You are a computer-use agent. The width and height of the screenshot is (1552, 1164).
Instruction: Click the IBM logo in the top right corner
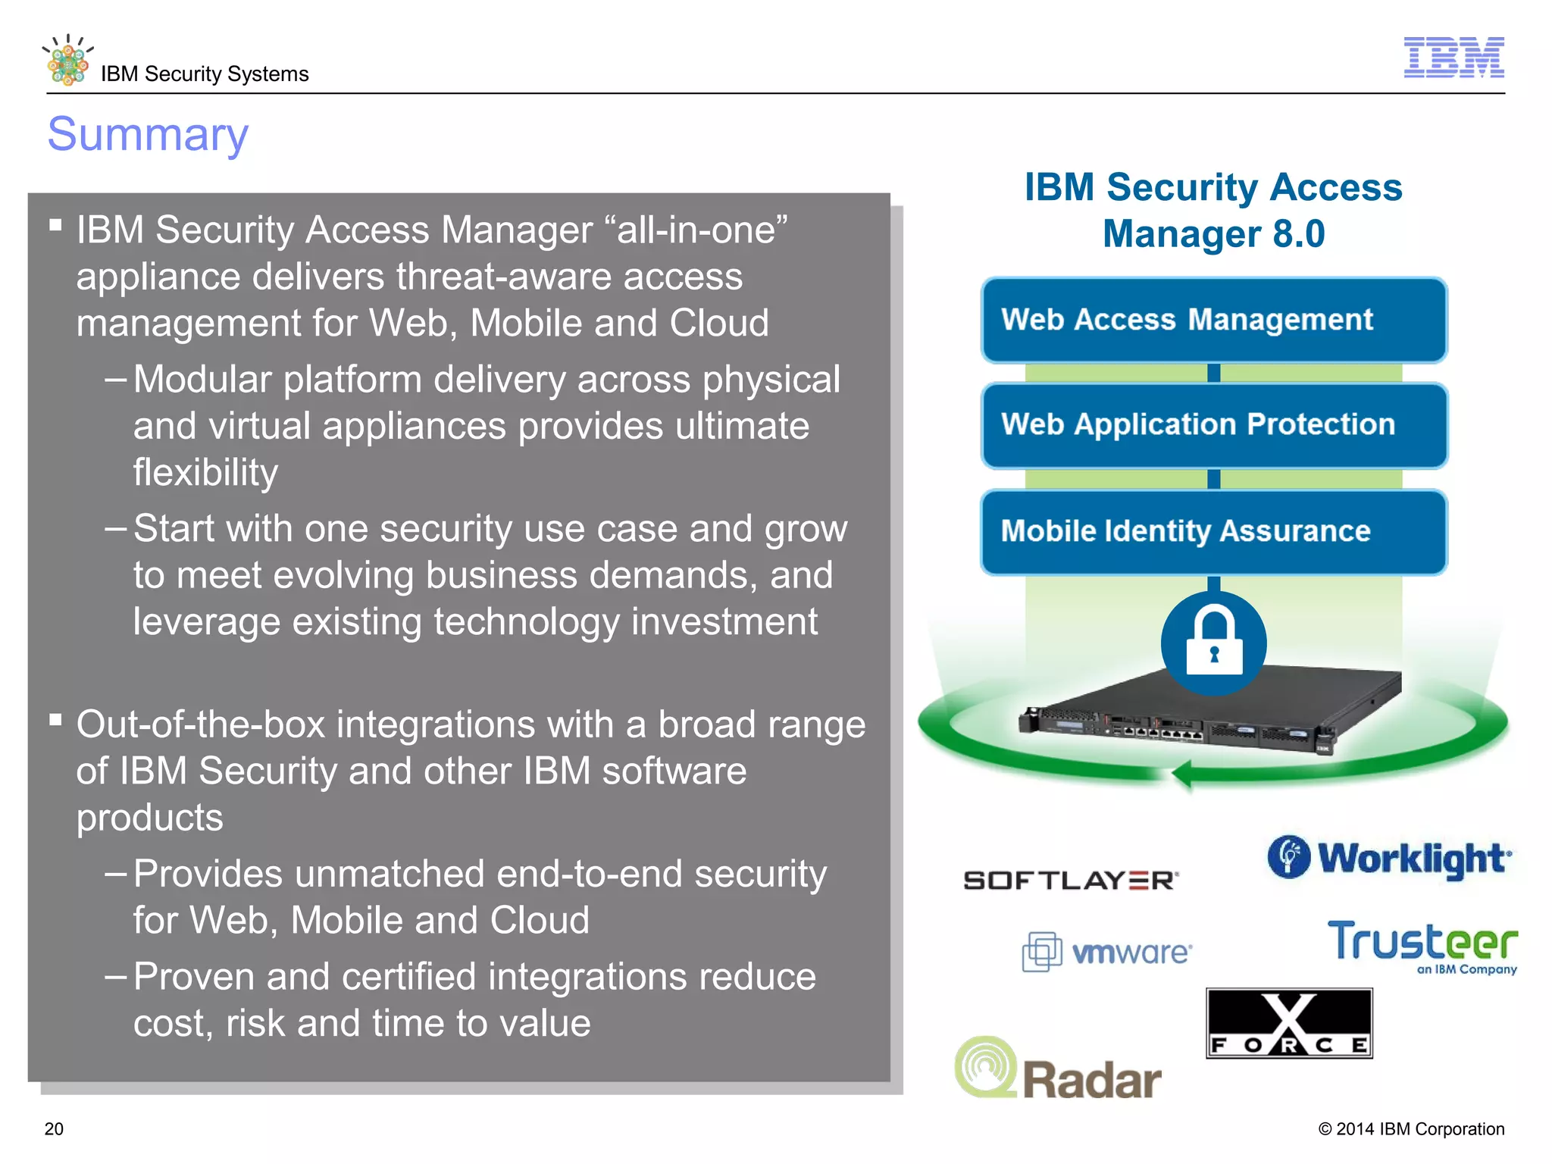click(x=1453, y=57)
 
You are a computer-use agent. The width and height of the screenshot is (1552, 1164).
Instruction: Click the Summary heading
click(x=148, y=134)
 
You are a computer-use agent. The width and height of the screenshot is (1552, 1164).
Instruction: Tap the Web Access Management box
click(x=1213, y=320)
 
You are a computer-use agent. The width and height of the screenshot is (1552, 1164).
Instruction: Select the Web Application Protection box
click(x=1213, y=425)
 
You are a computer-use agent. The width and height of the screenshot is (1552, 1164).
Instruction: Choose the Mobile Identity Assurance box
click(x=1213, y=531)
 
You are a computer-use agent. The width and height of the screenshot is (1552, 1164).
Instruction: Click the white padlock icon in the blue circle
click(x=1213, y=643)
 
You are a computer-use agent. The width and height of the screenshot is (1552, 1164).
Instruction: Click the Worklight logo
click(x=1389, y=859)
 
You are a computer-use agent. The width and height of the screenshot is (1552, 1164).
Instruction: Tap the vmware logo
click(x=1106, y=952)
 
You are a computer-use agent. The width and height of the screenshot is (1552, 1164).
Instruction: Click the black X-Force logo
click(x=1289, y=1023)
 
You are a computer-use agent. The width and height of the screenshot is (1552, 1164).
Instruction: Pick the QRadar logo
click(x=1058, y=1070)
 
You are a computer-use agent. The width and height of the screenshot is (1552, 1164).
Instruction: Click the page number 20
click(x=54, y=1128)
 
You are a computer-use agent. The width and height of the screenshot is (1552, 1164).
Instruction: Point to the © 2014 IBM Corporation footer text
click(x=1411, y=1128)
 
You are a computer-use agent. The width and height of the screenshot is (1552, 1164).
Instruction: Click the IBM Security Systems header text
click(x=205, y=74)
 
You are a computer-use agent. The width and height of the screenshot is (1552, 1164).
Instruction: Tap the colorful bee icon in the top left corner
click(x=67, y=61)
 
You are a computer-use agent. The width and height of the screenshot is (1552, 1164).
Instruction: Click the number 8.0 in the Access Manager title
click(x=1298, y=233)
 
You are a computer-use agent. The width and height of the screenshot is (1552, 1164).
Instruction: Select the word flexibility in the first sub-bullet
click(x=205, y=472)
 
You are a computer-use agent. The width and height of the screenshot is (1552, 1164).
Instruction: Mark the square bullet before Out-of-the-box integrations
click(x=55, y=719)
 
